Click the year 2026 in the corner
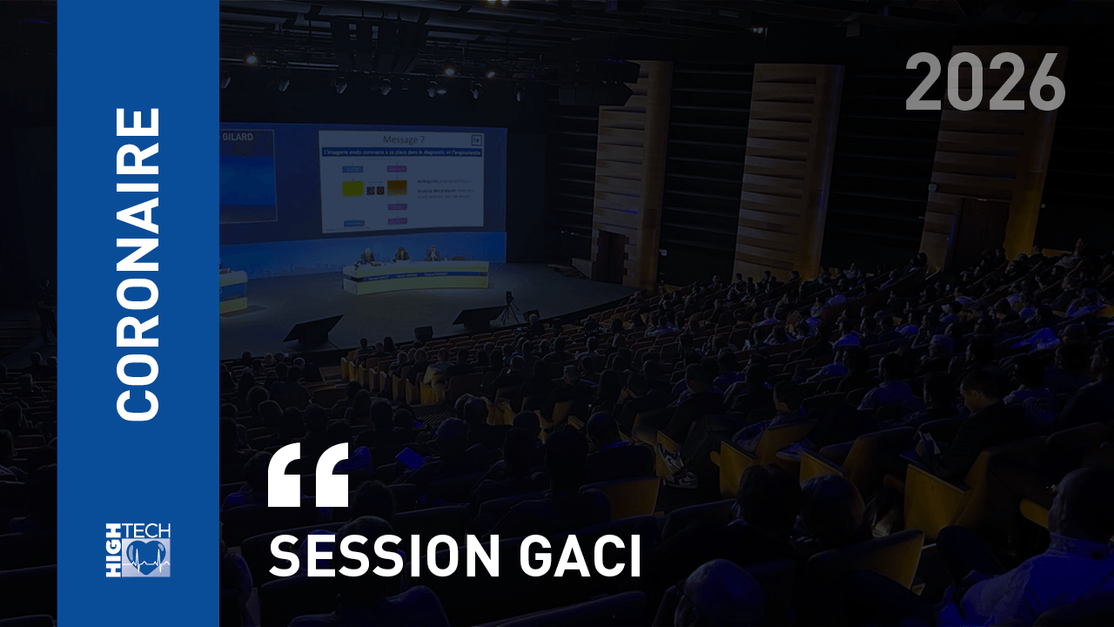point(985,83)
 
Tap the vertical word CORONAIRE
point(139,263)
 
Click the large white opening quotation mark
point(307,475)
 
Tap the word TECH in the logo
point(147,531)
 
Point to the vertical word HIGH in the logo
point(114,550)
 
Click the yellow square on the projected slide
point(352,186)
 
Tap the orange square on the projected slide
point(397,186)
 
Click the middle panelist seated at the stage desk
point(401,255)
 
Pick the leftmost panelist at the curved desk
point(369,256)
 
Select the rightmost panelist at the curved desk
point(432,254)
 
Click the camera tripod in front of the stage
point(509,309)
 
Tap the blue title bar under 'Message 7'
point(399,152)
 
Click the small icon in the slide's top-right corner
point(476,138)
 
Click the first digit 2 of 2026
point(924,83)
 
